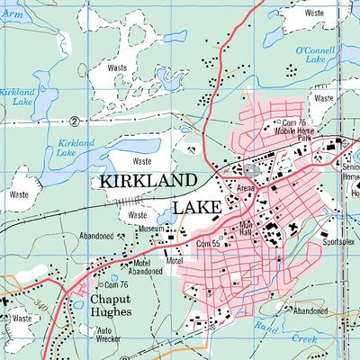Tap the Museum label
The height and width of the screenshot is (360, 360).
149,229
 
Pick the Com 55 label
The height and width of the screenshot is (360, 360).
209,244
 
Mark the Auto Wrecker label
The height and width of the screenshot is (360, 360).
110,336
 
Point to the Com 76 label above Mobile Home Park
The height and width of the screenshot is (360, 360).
295,122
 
